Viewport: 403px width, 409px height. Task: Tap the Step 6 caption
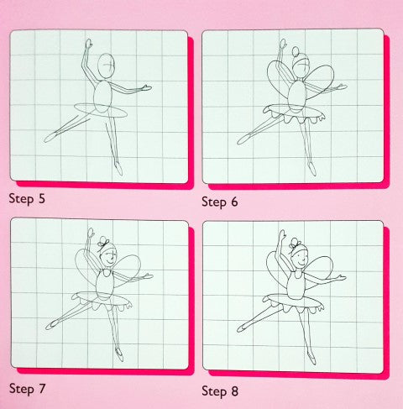tap(222, 202)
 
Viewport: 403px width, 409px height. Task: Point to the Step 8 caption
tap(222, 391)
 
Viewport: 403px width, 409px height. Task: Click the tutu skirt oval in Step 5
tap(101, 110)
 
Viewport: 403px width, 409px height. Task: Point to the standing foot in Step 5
tap(118, 168)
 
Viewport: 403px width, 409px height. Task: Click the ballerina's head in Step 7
tap(106, 257)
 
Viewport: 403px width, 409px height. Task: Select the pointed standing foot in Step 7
tap(119, 355)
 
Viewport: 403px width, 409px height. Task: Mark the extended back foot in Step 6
tap(241, 139)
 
